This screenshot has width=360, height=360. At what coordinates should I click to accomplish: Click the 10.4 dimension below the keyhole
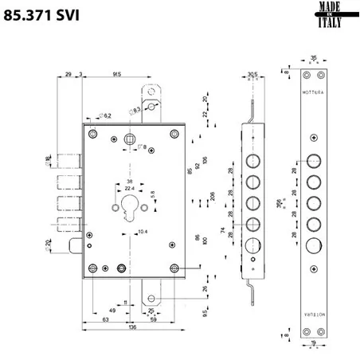click(143, 232)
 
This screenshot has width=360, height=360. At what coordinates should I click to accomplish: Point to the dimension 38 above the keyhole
click(129, 180)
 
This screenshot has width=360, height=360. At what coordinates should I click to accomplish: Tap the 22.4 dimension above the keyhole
click(129, 188)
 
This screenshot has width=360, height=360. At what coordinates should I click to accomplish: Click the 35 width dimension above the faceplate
click(313, 57)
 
